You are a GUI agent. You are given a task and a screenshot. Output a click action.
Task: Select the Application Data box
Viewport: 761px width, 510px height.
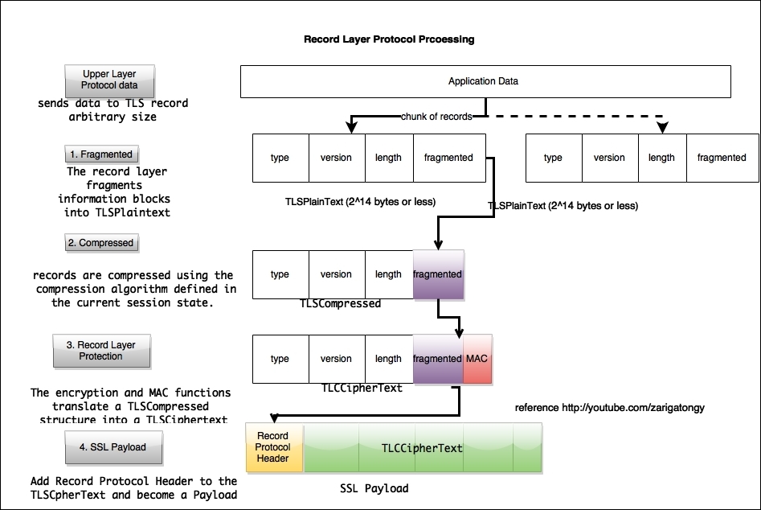pyautogui.click(x=485, y=81)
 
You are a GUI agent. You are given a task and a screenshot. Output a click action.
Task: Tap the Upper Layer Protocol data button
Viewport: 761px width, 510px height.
pyautogui.click(x=109, y=80)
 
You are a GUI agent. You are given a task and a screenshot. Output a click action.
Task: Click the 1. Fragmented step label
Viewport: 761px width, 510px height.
pyautogui.click(x=100, y=154)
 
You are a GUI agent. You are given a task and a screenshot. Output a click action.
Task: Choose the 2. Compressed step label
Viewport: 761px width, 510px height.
pyautogui.click(x=100, y=242)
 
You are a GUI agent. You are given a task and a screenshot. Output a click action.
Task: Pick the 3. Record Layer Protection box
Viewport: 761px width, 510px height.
pyautogui.click(x=100, y=351)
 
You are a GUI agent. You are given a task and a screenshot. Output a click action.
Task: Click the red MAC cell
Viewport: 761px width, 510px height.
pyautogui.click(x=476, y=359)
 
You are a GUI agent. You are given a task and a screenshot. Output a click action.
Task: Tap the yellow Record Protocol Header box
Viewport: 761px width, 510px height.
pyautogui.click(x=272, y=446)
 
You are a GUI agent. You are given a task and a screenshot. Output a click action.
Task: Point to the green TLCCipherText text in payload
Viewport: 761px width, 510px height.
pyautogui.click(x=422, y=447)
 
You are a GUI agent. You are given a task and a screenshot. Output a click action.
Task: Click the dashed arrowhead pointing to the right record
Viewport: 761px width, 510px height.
pyautogui.click(x=662, y=127)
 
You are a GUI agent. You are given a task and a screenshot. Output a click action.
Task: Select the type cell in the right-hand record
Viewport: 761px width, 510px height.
pyautogui.click(x=553, y=158)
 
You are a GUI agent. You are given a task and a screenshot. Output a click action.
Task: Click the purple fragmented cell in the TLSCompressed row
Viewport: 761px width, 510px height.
pyautogui.click(x=438, y=274)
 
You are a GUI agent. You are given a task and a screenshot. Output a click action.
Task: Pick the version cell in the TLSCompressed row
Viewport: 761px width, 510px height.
pyautogui.click(x=336, y=274)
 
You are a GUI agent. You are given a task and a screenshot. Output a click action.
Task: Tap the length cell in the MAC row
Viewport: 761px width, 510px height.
pyautogui.click(x=388, y=359)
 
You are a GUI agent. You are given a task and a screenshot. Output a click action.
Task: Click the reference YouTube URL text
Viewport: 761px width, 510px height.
pyautogui.click(x=609, y=408)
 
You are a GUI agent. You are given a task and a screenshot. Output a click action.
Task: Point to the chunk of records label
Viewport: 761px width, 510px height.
pyautogui.click(x=436, y=117)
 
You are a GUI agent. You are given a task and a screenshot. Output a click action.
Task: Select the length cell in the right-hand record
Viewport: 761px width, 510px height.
pyautogui.click(x=661, y=158)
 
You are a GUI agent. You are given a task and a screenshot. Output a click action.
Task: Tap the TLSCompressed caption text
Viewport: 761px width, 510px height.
pyautogui.click(x=340, y=304)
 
